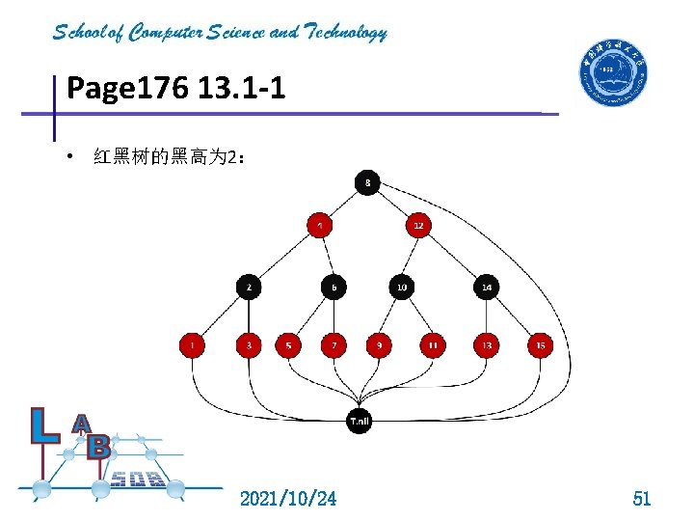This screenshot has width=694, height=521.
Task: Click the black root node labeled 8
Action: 367,181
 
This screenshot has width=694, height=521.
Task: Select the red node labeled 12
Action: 417,226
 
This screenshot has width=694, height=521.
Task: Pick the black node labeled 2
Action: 250,287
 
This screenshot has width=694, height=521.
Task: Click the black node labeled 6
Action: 334,287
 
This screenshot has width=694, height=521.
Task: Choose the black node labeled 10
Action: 401,287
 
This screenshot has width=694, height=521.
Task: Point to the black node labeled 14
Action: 486,287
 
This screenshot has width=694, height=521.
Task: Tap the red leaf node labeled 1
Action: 192,344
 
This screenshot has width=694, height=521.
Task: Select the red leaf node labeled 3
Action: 250,344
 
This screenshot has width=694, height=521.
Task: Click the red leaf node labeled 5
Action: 288,344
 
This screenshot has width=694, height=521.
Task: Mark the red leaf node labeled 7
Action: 334,344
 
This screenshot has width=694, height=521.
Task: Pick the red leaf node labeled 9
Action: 379,344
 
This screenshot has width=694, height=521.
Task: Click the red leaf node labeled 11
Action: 433,344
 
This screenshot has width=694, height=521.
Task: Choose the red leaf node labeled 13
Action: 486,344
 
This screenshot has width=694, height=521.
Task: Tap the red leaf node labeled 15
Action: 540,344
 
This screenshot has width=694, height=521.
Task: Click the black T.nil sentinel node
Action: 359,421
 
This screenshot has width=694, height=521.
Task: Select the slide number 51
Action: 641,498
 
